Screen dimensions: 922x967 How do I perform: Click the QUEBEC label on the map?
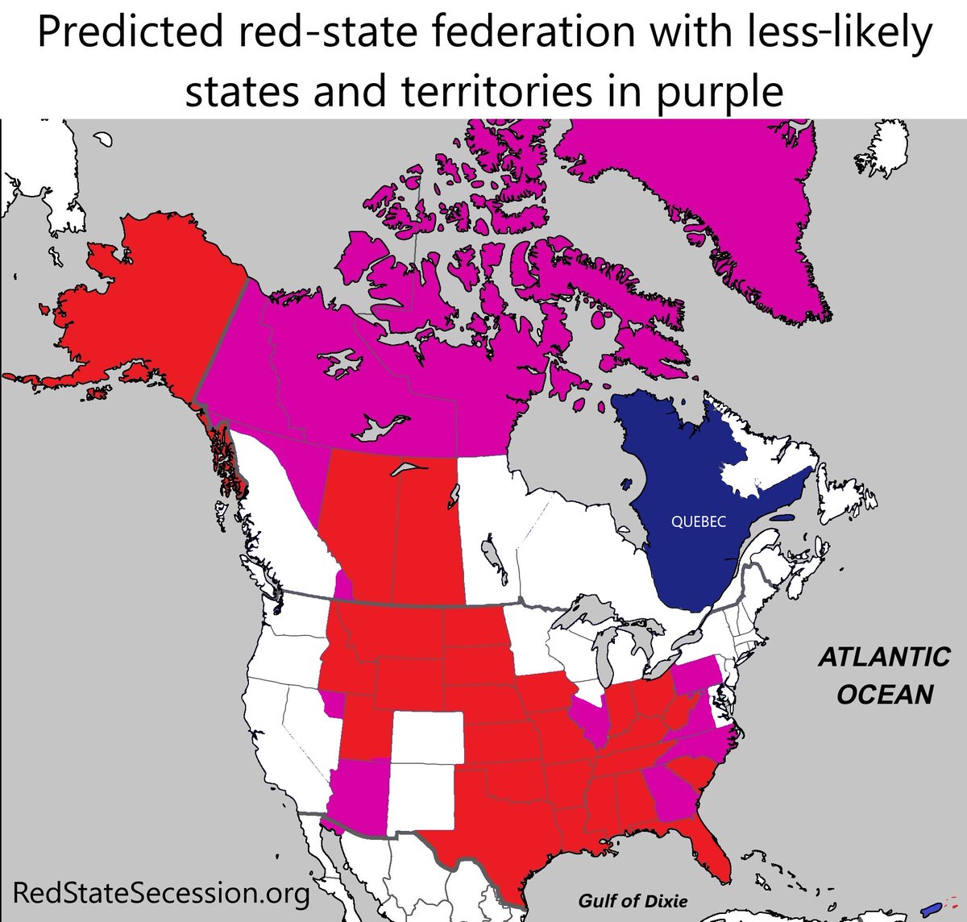698,521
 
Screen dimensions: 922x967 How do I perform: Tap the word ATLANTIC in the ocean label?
884,657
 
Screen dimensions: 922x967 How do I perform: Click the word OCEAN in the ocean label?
885,694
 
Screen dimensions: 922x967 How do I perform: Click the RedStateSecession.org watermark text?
161,893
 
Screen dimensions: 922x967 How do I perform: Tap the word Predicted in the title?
127,34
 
